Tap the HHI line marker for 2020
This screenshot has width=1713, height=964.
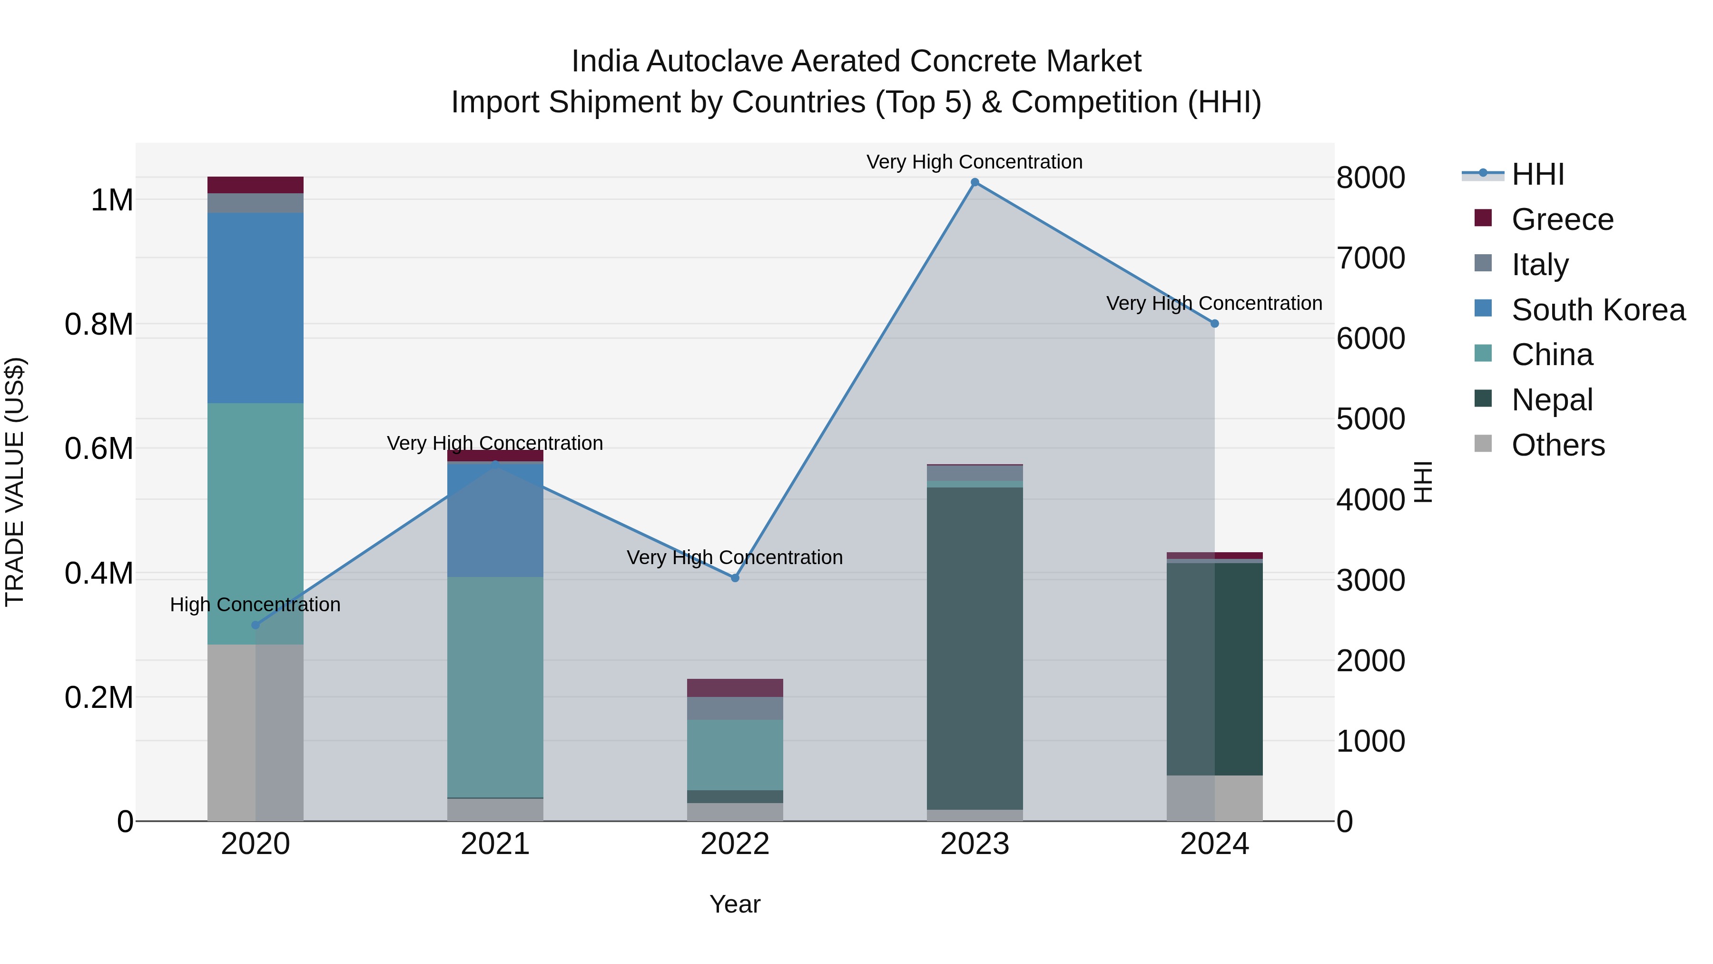[256, 625]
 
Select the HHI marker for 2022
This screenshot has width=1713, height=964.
[735, 578]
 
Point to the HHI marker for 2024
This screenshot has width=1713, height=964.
[1214, 323]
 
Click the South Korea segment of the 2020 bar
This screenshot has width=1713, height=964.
[256, 308]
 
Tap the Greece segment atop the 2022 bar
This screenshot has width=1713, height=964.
[735, 687]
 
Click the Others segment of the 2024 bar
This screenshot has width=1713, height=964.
[1214, 798]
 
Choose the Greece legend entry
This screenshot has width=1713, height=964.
[1561, 219]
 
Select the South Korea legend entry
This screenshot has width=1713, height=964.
[1597, 310]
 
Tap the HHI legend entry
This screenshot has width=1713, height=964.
[1537, 174]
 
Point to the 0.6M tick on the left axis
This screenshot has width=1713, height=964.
[99, 448]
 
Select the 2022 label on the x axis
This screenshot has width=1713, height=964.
[735, 844]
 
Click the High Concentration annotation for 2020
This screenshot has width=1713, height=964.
[256, 604]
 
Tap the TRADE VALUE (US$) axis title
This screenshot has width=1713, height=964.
[15, 482]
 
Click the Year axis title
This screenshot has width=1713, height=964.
[735, 904]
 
